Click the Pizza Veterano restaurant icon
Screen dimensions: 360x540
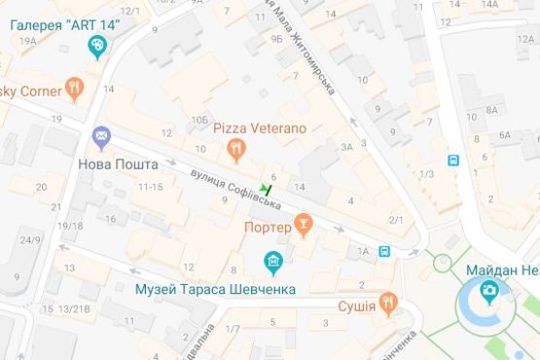point(234,149)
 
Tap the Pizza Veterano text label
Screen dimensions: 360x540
point(260,128)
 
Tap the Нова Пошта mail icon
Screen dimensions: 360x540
point(101,137)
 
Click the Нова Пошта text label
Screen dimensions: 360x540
point(118,164)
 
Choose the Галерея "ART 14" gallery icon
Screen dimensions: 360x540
point(97,46)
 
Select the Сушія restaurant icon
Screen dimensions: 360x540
point(388,304)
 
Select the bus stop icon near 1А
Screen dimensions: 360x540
point(385,252)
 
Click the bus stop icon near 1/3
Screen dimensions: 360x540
point(452,160)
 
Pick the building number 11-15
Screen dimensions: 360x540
point(150,187)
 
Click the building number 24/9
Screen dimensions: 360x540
point(30,240)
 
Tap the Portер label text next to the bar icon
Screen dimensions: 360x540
point(269,228)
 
